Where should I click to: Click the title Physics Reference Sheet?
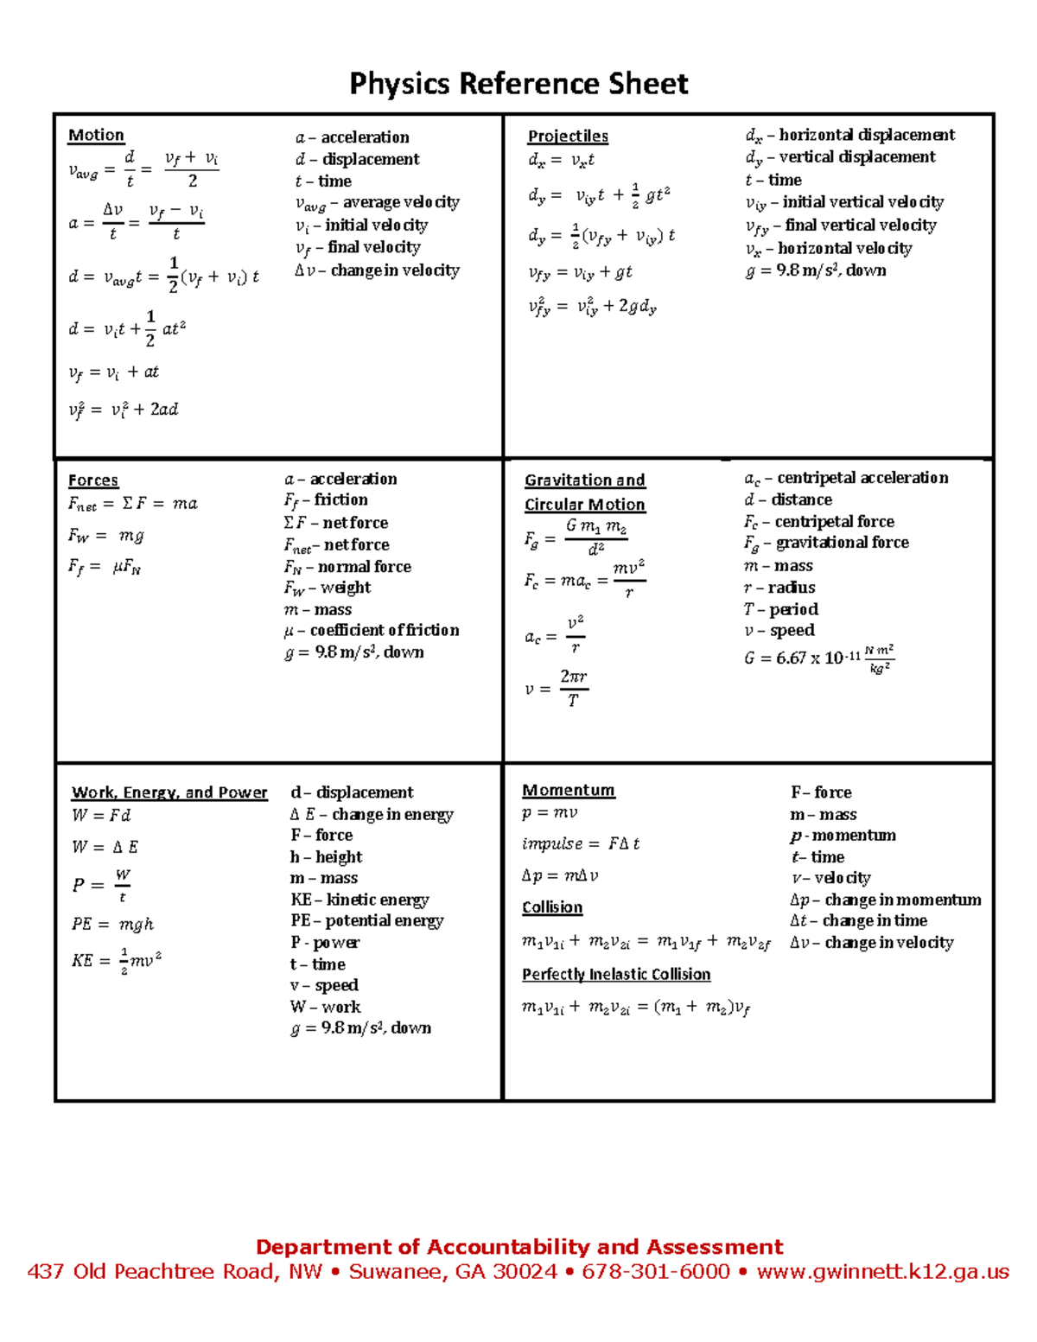[x=518, y=84]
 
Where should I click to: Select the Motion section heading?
[x=96, y=135]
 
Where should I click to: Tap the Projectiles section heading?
[x=568, y=136]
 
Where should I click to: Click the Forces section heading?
[x=93, y=480]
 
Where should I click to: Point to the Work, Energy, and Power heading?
[x=169, y=792]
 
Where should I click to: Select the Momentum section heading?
[x=568, y=790]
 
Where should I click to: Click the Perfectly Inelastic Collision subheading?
[x=616, y=974]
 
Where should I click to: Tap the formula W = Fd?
[x=101, y=815]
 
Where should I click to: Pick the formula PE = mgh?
[x=112, y=924]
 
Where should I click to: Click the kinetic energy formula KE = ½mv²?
[x=117, y=959]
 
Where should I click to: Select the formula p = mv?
[x=550, y=812]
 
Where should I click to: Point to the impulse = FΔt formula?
[x=580, y=843]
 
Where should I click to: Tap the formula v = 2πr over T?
[x=557, y=688]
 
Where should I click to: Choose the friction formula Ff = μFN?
[x=105, y=568]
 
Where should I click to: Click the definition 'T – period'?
[x=780, y=608]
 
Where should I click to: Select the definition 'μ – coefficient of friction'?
[x=372, y=630]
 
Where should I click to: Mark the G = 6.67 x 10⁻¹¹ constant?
[x=818, y=658]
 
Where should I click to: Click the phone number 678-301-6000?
[x=656, y=1271]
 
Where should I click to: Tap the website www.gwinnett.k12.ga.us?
[x=882, y=1271]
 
